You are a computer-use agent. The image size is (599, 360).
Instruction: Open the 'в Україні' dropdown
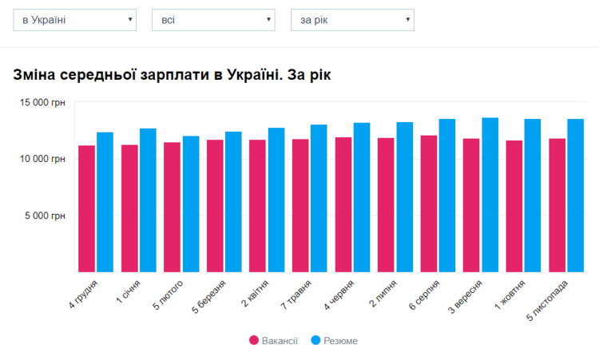pyautogui.click(x=75, y=20)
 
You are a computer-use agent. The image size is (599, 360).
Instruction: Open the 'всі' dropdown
pyautogui.click(x=213, y=20)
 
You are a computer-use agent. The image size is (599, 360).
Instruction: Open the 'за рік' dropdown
pyautogui.click(x=352, y=20)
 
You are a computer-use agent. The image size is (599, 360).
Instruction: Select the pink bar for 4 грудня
pyautogui.click(x=86, y=209)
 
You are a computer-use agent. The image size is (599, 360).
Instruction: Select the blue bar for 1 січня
pyautogui.click(x=148, y=200)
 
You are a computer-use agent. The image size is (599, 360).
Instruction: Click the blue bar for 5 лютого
pyautogui.click(x=191, y=204)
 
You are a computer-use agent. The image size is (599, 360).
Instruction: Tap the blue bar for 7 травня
pyautogui.click(x=319, y=199)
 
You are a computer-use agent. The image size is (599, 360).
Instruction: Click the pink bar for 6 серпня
pyautogui.click(x=429, y=204)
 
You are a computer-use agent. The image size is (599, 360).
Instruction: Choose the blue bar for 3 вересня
pyautogui.click(x=490, y=196)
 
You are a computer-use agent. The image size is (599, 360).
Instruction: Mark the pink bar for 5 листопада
pyautogui.click(x=557, y=206)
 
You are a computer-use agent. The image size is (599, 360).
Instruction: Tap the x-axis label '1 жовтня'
pyautogui.click(x=512, y=294)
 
